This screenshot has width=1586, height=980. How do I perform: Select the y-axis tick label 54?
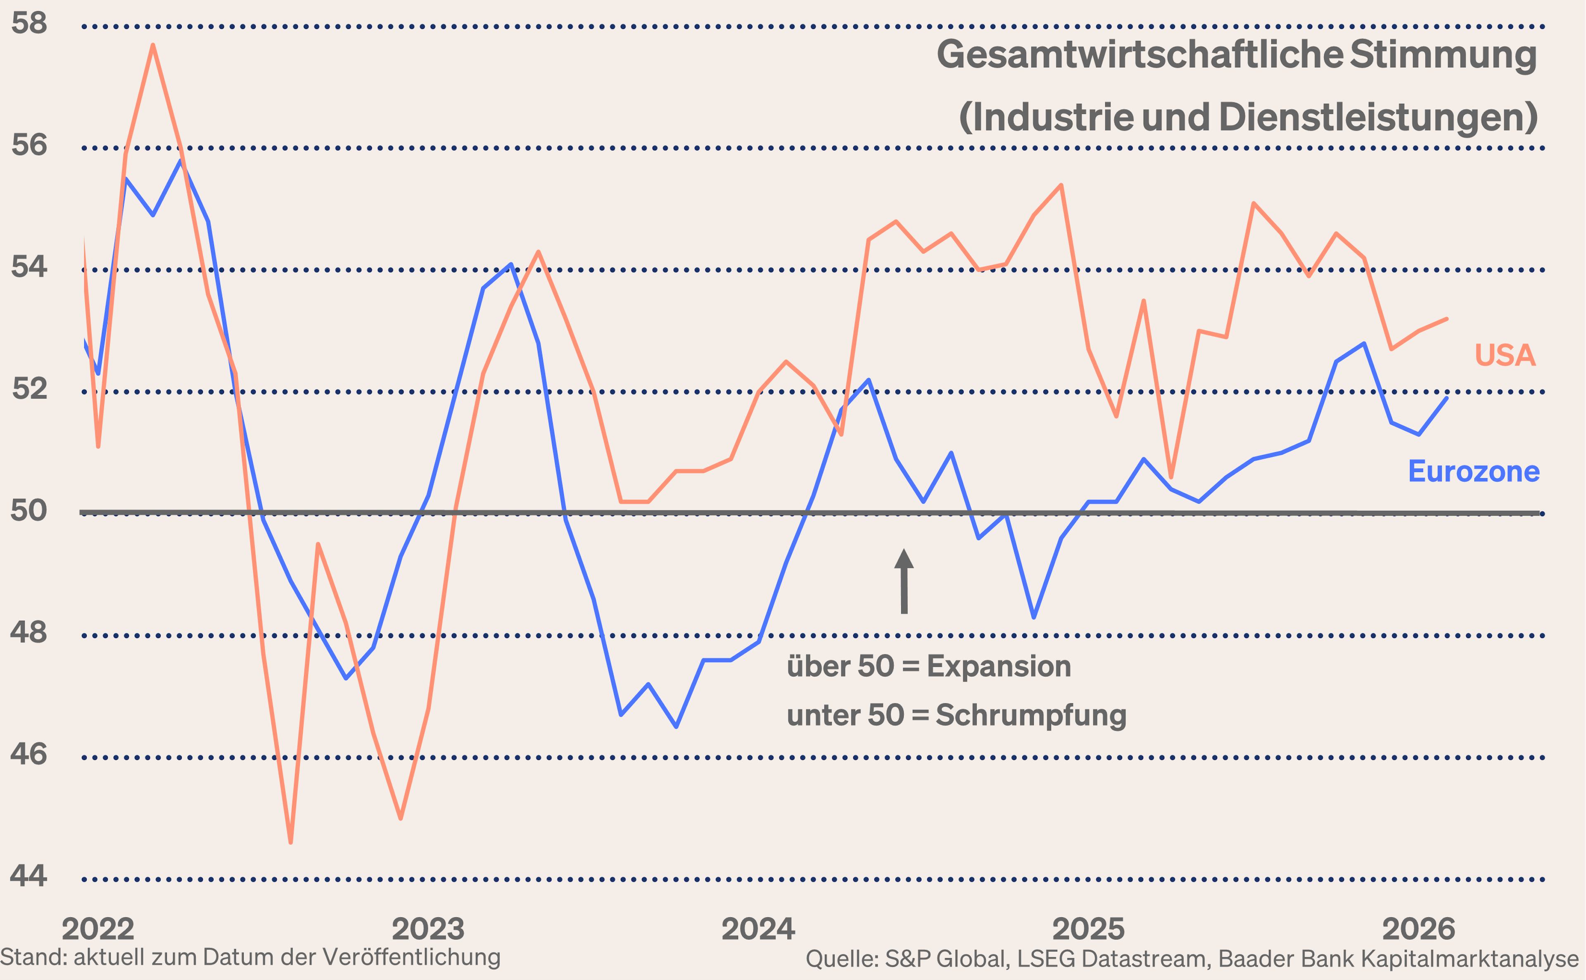tap(29, 267)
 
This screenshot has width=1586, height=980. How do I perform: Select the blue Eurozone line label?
tap(1473, 471)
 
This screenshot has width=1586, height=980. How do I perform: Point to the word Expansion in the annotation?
tap(998, 666)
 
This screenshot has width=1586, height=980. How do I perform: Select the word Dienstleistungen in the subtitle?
tap(1377, 118)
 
